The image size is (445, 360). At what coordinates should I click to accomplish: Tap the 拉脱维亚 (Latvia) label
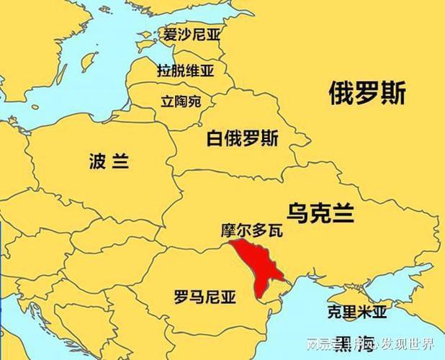[x=186, y=70]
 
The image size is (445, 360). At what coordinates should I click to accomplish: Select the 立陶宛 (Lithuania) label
[x=180, y=102]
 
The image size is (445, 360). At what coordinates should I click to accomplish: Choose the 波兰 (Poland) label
[x=109, y=161]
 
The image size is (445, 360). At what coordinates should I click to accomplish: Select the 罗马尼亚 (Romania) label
[x=205, y=296]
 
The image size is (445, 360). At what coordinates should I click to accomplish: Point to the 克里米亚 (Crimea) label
[x=356, y=312]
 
